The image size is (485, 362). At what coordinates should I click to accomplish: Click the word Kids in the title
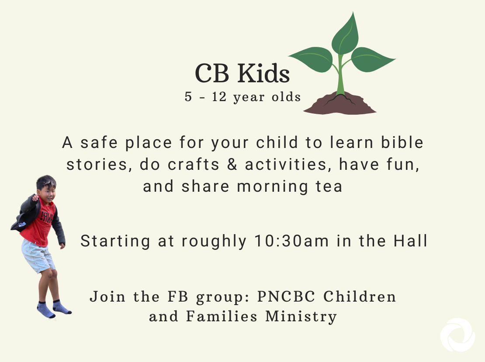tap(263, 73)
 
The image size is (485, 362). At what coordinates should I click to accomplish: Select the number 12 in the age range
tap(219, 97)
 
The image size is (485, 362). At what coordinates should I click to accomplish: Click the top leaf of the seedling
tap(346, 34)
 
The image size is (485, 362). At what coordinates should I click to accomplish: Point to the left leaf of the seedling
tap(312, 59)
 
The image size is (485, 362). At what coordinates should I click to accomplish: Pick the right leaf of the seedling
tap(371, 60)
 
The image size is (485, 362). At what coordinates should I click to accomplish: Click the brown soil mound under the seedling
tap(339, 104)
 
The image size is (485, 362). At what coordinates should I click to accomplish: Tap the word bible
tap(402, 142)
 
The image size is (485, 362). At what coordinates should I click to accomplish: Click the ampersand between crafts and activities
tap(232, 164)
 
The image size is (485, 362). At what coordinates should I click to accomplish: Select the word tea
tap(329, 186)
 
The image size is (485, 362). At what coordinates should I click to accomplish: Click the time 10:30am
tap(291, 241)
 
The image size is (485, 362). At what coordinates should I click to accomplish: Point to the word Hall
tap(410, 240)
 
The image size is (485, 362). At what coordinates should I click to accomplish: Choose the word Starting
tap(115, 241)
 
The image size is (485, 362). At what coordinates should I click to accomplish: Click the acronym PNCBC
tap(286, 296)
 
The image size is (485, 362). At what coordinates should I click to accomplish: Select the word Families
tap(222, 316)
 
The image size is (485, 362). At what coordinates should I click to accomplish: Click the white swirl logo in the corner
tap(458, 335)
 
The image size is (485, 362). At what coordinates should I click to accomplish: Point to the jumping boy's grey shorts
tap(38, 256)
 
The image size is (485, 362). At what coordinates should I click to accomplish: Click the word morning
tap(273, 187)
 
